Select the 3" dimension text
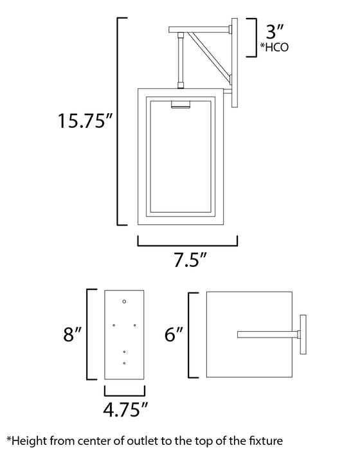273,30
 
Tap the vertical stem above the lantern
181,62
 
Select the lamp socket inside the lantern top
182,104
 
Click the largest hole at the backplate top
125,301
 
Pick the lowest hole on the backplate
125,364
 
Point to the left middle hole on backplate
114,325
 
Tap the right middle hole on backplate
135,325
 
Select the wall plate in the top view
303,334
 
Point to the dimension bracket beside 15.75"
118,122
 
